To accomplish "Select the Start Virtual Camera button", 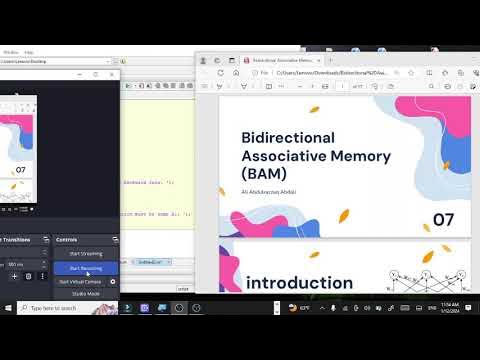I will click(x=79, y=282).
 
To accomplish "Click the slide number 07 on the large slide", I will click(x=444, y=220).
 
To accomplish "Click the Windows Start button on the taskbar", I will click(x=8, y=308).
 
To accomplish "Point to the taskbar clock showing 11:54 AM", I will click(x=442, y=305).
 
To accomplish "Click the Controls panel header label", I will click(x=67, y=240).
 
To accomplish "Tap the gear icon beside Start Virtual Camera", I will click(x=113, y=282).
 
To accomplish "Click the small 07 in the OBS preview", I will click(x=20, y=171).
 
